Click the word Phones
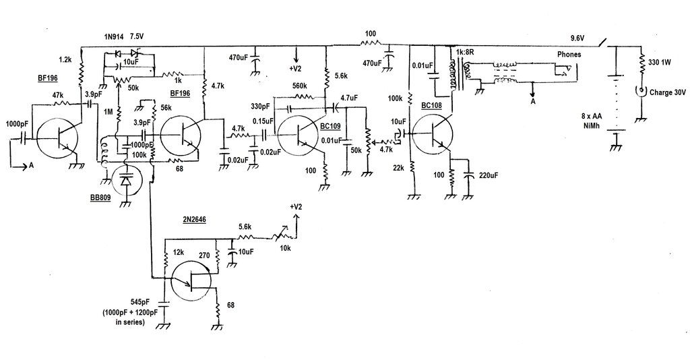point(568,55)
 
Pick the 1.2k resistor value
point(65,59)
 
